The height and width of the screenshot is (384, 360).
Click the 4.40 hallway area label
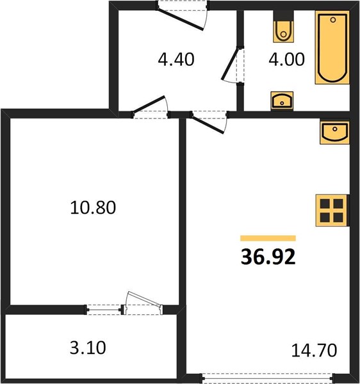pyautogui.click(x=176, y=60)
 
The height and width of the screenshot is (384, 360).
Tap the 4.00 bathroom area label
pyautogui.click(x=286, y=60)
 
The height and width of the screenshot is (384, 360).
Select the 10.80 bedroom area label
pyautogui.click(x=93, y=207)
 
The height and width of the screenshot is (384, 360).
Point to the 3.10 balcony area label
pyautogui.click(x=88, y=348)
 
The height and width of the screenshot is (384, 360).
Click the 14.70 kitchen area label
pyautogui.click(x=314, y=350)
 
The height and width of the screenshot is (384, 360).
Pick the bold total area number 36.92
pyautogui.click(x=268, y=257)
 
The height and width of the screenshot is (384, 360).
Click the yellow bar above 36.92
pyautogui.click(x=268, y=238)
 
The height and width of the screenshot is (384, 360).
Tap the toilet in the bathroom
pyautogui.click(x=283, y=26)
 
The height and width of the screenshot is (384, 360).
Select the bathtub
pyautogui.click(x=332, y=47)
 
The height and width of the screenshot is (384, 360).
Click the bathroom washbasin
pyautogui.click(x=282, y=101)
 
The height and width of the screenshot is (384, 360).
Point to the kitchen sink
pyautogui.click(x=335, y=132)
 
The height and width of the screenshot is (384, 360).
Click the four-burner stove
pyautogui.click(x=332, y=211)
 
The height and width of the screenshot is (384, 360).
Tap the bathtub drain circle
pyautogui.click(x=333, y=20)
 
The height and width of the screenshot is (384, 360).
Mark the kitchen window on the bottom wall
pyautogui.click(x=268, y=378)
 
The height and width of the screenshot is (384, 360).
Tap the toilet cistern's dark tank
pyautogui.click(x=283, y=16)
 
